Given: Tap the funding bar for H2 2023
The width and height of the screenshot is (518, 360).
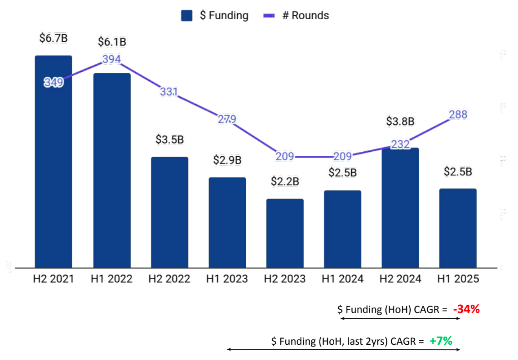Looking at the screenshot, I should (x=285, y=233).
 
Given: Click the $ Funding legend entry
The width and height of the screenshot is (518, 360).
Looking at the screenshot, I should (x=215, y=16).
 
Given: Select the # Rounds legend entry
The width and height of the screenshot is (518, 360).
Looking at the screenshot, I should (x=296, y=16).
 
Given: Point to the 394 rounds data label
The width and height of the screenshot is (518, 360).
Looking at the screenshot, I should (x=111, y=59).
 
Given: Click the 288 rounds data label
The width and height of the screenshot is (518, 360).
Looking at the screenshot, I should (x=458, y=114).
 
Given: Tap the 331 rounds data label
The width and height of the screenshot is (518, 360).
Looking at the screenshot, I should (x=169, y=92).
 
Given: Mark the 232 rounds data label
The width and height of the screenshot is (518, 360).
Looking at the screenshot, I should (x=400, y=145).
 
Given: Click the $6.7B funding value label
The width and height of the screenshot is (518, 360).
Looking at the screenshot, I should (x=53, y=38).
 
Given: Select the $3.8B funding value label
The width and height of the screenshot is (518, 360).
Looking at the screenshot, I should (x=400, y=121).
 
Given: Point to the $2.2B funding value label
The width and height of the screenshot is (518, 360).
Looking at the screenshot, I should (x=285, y=182).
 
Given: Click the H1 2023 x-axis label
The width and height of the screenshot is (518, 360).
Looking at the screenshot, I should (x=227, y=279).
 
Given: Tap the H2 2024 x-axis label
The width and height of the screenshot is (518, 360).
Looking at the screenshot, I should (x=400, y=279).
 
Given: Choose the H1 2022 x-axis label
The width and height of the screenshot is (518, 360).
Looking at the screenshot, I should (x=111, y=279).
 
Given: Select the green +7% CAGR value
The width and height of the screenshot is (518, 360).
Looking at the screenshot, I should (x=440, y=341).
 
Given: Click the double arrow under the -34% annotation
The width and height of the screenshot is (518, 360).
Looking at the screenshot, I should (x=400, y=318).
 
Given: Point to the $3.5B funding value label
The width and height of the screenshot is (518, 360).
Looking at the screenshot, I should (x=169, y=139).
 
